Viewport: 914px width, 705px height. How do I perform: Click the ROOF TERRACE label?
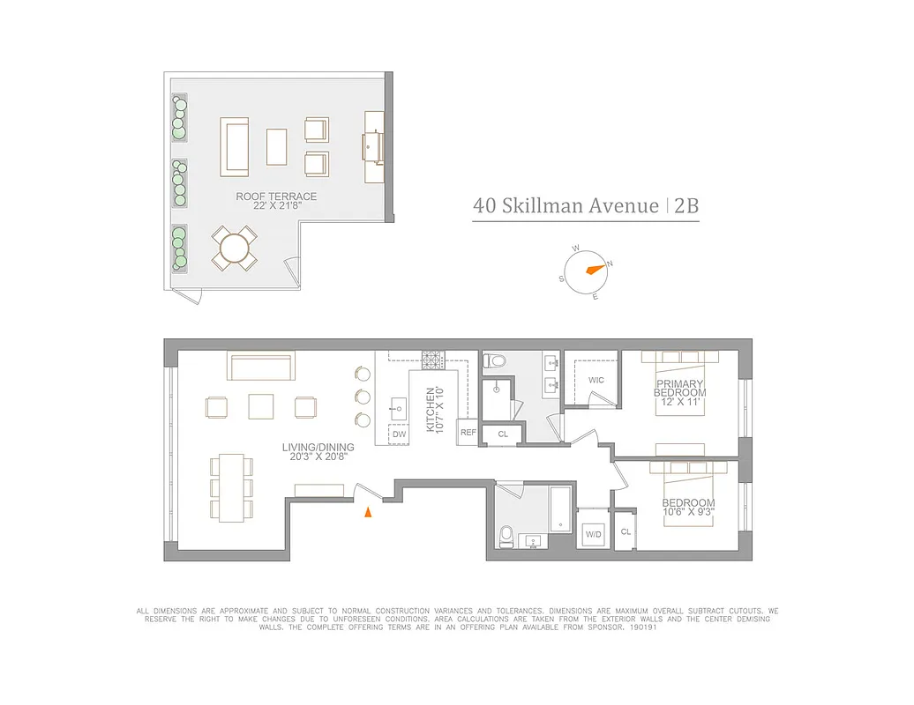276,197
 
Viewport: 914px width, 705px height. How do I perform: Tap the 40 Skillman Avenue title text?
566,206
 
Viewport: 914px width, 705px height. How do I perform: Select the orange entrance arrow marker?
371,511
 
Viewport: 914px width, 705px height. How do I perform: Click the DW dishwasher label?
399,434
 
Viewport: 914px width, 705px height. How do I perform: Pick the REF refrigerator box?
468,433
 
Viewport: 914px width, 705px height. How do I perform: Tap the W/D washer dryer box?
593,534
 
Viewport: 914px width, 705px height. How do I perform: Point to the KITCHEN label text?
431,411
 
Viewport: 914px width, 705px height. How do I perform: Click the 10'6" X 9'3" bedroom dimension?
689,512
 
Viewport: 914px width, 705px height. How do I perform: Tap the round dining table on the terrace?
235,249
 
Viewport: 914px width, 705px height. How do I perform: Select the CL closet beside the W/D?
626,532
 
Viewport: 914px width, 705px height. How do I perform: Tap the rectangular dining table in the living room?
232,487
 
